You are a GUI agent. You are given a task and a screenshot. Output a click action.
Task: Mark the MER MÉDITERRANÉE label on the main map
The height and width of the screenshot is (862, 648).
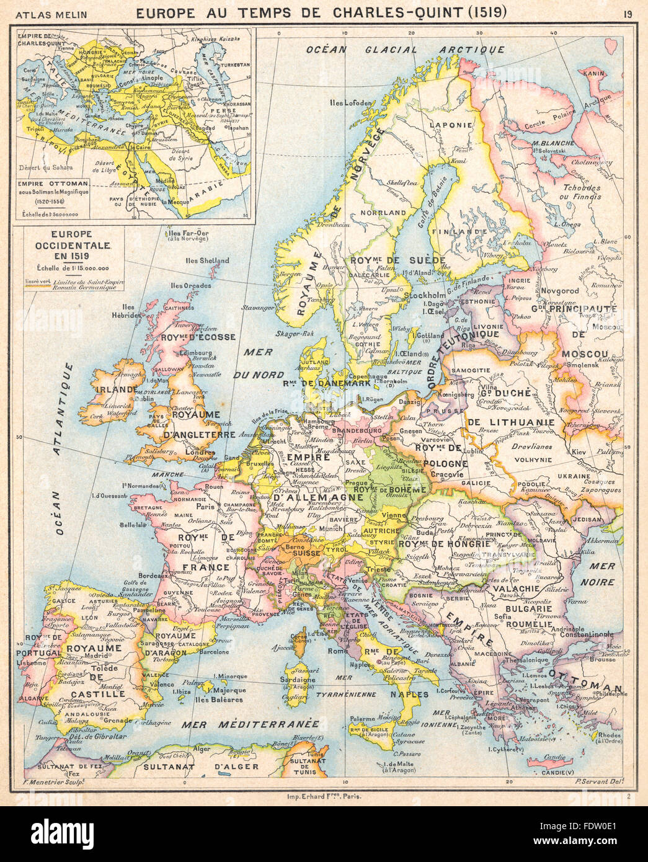coord(250,724)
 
